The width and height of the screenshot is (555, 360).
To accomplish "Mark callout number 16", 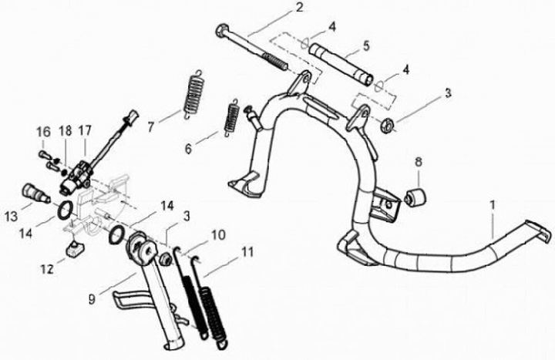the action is [42, 132].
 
